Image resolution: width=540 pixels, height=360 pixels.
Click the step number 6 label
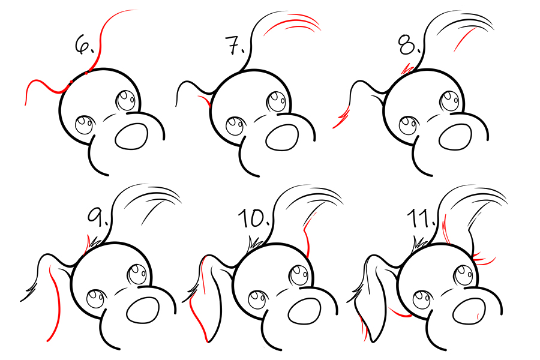click(x=83, y=45)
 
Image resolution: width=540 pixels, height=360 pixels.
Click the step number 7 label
click(x=235, y=45)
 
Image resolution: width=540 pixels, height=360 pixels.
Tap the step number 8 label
click(x=409, y=45)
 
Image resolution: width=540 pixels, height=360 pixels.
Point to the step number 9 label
click(x=97, y=217)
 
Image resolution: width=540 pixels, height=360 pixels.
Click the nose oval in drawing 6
click(x=131, y=136)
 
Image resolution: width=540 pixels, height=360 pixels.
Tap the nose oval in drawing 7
click(x=283, y=137)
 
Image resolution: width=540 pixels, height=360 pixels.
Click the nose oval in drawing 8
click(x=455, y=137)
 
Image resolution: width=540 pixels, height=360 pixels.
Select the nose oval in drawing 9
click(x=143, y=310)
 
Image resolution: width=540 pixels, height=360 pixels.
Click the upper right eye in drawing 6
click(x=127, y=101)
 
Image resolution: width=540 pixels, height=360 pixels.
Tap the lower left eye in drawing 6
click(x=85, y=125)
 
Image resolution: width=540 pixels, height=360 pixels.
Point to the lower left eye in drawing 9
click(x=96, y=299)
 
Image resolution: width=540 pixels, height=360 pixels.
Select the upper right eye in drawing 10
click(x=299, y=275)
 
